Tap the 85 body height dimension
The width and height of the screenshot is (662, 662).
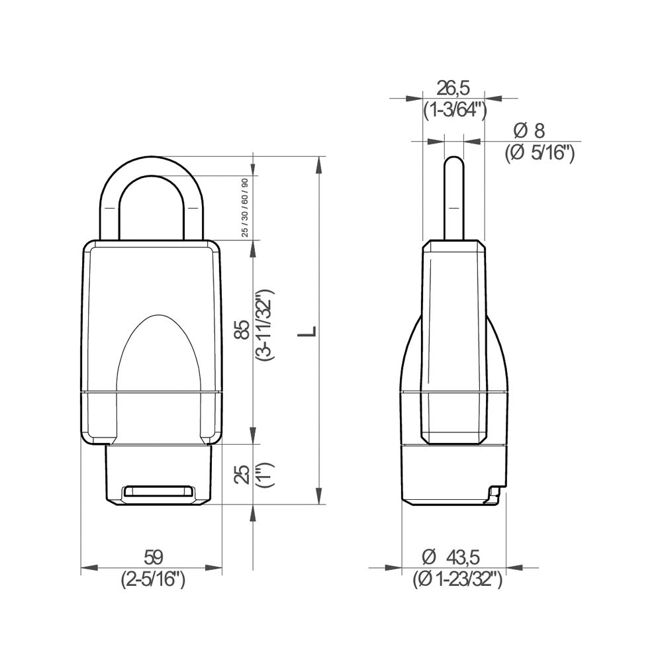tap(244, 329)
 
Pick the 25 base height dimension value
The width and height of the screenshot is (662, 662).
tap(244, 474)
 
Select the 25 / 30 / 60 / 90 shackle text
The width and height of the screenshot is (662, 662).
tap(245, 207)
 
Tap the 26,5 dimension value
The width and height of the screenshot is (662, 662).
tap(453, 88)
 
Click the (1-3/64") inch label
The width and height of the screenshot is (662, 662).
tap(455, 109)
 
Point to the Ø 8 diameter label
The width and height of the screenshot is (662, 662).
tap(533, 130)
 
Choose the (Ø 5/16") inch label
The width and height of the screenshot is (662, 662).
tap(540, 153)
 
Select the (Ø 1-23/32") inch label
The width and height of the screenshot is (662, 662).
tap(457, 580)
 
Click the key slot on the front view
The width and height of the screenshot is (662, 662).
tap(159, 491)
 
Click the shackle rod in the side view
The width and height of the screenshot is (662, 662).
tap(453, 199)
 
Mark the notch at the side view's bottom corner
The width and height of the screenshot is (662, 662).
tap(493, 495)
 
